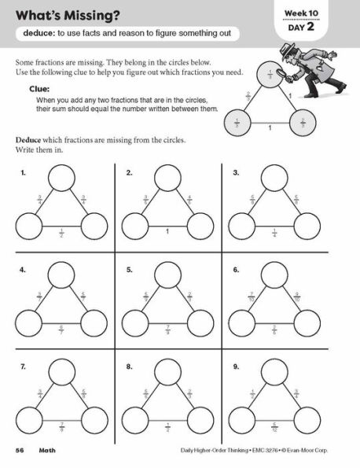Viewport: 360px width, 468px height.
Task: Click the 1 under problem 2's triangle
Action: [x=168, y=231]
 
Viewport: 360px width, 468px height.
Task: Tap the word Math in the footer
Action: [x=52, y=449]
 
